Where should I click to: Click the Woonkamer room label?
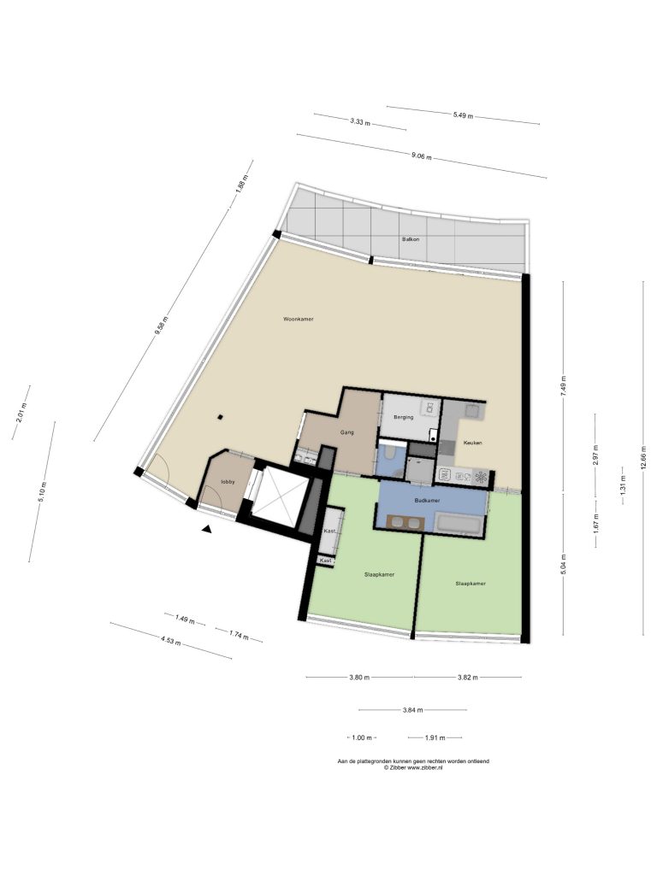click(x=299, y=320)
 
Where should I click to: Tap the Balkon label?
click(x=411, y=239)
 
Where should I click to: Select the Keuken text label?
click(x=472, y=443)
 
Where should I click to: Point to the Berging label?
click(x=404, y=417)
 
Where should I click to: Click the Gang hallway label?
click(x=347, y=432)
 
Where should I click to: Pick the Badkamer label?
click(x=428, y=501)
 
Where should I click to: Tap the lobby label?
click(x=228, y=482)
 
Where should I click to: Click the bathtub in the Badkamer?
click(x=459, y=525)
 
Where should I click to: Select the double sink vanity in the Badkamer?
click(x=400, y=523)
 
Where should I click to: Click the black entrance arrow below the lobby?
click(x=207, y=530)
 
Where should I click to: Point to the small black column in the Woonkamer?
click(x=222, y=416)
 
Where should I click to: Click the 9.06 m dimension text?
click(x=421, y=156)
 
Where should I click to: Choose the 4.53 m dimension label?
click(x=170, y=641)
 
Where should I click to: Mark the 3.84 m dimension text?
click(x=412, y=710)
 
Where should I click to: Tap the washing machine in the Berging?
click(x=429, y=408)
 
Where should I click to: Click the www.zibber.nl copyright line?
click(x=413, y=768)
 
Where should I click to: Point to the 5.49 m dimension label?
click(x=463, y=115)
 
